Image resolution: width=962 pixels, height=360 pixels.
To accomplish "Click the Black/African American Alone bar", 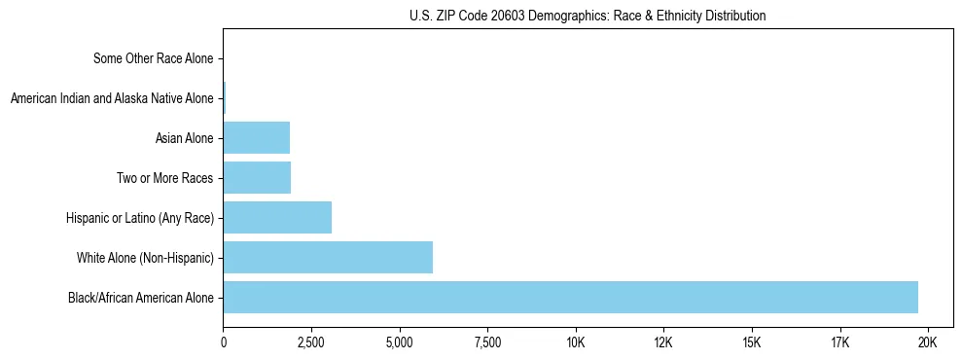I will point(570,298).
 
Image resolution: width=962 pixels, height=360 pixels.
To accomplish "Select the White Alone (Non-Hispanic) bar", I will point(328,258).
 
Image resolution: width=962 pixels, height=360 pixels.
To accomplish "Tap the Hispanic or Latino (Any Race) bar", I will point(277,218).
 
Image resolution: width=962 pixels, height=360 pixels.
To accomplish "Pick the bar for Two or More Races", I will point(257,178).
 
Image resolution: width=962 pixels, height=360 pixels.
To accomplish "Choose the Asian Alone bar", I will point(257,138).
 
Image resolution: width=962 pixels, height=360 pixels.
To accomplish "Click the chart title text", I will point(588,17).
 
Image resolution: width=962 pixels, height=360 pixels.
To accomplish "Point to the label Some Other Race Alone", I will point(153,58).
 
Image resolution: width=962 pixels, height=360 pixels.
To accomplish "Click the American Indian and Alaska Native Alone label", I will point(112,98).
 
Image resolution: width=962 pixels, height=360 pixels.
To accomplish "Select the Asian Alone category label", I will point(184,138).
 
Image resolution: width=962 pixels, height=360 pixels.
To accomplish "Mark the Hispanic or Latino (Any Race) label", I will point(138,218).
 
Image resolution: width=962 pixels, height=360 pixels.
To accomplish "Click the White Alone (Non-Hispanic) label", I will point(145,258).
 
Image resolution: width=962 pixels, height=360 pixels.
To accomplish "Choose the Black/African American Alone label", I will point(140,298).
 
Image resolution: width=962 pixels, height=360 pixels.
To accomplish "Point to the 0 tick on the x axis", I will point(224,342).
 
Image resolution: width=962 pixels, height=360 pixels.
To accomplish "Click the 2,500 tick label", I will point(311,342).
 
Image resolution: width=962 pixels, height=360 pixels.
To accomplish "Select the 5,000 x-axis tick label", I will point(400,342).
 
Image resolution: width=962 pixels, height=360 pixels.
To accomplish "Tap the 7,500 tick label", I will point(487,342).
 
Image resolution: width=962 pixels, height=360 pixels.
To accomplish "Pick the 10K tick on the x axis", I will point(576,342).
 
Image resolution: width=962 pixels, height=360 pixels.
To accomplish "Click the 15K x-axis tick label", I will point(752,342).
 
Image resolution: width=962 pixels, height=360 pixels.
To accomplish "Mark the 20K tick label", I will point(928,342).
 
